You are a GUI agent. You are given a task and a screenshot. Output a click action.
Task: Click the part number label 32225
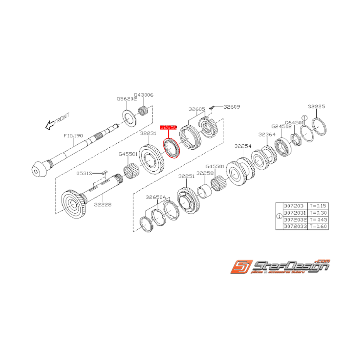tap(316, 107)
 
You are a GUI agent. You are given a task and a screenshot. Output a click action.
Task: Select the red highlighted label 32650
tap(169, 127)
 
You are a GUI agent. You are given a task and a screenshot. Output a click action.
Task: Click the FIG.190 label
tap(73, 136)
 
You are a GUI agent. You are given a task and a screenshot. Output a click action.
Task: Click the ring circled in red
tap(172, 148)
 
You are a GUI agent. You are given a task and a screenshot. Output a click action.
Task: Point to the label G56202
tap(127, 99)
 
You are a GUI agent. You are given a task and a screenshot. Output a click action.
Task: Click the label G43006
tap(143, 95)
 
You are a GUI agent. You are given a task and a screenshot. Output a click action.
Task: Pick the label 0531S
tap(84, 173)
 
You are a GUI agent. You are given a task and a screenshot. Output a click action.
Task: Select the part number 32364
tap(267, 135)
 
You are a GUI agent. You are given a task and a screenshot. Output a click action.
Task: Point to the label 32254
tap(243, 147)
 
